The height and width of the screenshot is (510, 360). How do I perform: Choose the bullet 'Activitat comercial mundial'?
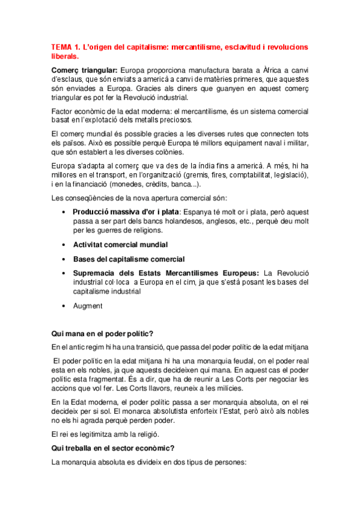[x=120, y=245]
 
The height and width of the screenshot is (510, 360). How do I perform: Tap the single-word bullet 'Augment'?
[x=88, y=306]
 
